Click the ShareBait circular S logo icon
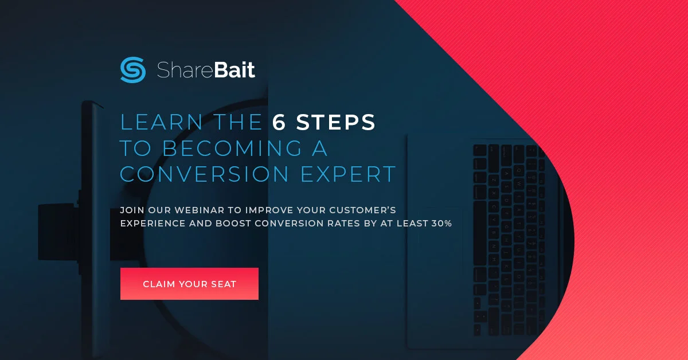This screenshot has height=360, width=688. [x=133, y=70]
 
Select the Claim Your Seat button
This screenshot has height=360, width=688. [x=189, y=284]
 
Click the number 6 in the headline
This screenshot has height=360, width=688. [x=279, y=122]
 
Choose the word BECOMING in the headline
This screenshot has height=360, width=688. [x=232, y=148]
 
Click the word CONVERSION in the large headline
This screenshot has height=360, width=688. [x=204, y=174]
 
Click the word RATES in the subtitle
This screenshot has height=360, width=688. [x=339, y=223]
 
